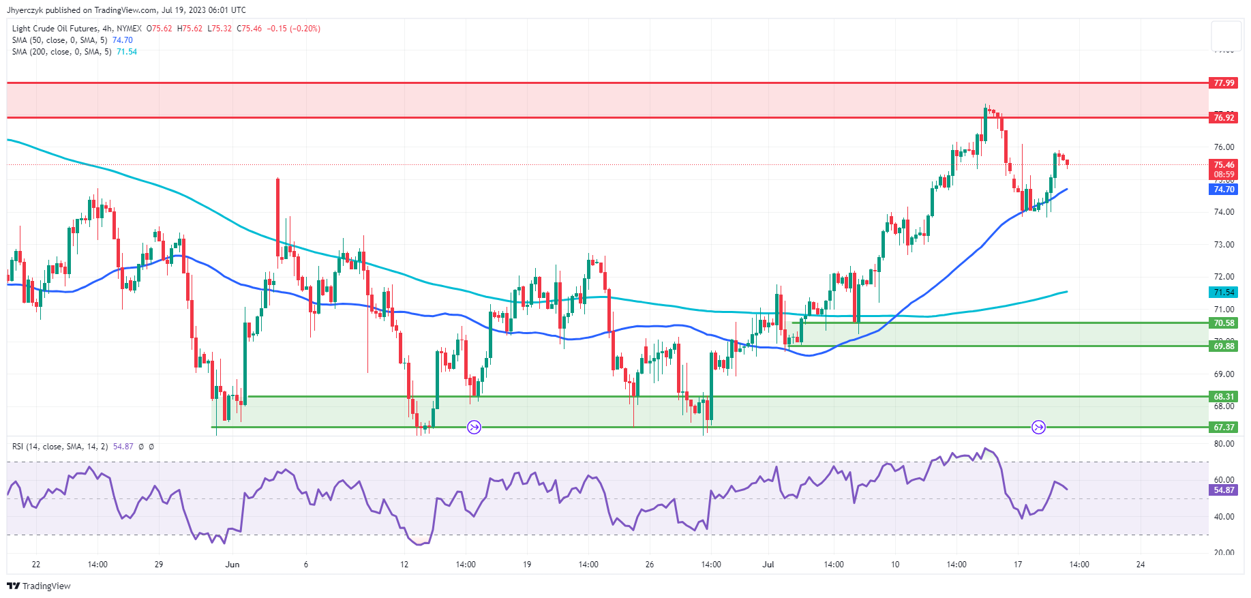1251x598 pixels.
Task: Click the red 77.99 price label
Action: [1224, 83]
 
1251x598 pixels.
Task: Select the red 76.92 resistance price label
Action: [1224, 117]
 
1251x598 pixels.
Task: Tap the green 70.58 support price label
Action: [1224, 323]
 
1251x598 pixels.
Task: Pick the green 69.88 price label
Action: [1224, 346]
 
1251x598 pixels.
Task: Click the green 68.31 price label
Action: [1224, 396]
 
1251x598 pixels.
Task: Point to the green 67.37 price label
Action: [1224, 428]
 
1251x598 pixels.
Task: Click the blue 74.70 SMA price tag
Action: [1224, 190]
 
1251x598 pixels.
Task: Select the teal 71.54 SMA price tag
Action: [1224, 292]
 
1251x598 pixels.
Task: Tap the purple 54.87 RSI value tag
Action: [1224, 490]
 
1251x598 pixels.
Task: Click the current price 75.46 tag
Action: [1224, 164]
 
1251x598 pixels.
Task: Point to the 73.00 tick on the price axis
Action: [1224, 244]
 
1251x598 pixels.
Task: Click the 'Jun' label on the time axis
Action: [232, 565]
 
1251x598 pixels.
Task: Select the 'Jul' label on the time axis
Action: [768, 565]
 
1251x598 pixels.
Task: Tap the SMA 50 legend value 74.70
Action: [123, 40]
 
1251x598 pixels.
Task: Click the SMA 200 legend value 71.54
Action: [127, 52]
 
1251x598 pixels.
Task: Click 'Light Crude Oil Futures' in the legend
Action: [55, 29]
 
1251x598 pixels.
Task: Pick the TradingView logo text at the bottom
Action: [46, 586]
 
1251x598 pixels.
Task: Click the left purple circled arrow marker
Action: [474, 428]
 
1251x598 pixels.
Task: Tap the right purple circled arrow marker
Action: [1038, 428]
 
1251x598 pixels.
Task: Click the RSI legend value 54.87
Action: [123, 447]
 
